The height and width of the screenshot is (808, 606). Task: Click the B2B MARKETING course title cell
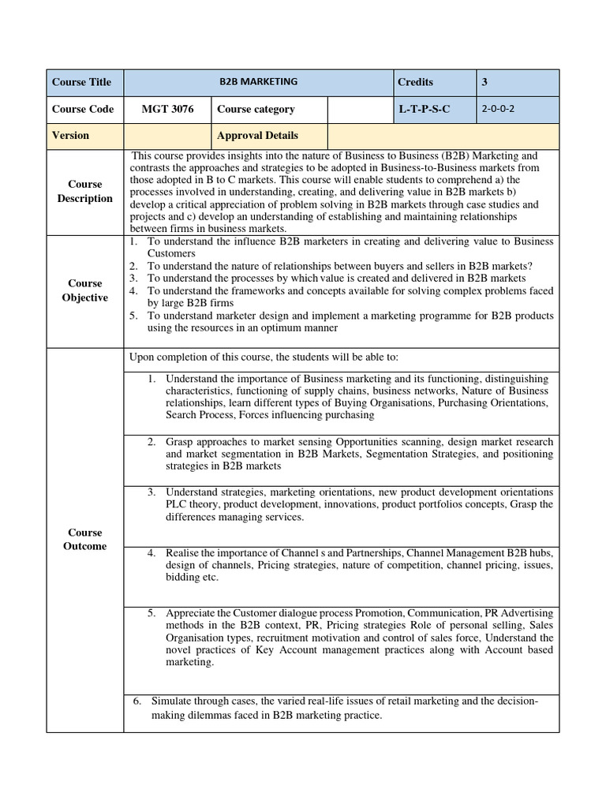click(x=258, y=81)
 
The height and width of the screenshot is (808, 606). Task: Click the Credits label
click(x=415, y=82)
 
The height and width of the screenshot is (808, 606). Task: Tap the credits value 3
click(x=484, y=81)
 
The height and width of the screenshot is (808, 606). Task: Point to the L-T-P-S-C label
click(x=424, y=109)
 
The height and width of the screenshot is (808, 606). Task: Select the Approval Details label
click(x=257, y=135)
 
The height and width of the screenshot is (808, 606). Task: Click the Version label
click(x=70, y=135)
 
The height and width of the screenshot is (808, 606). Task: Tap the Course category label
click(x=256, y=109)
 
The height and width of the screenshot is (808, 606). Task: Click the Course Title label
click(x=81, y=82)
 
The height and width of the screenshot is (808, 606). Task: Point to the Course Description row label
click(x=84, y=192)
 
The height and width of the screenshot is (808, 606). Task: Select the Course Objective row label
click(x=84, y=290)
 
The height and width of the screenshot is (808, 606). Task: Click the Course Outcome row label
click(x=84, y=540)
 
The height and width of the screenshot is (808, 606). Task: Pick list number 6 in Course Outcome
click(x=136, y=701)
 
